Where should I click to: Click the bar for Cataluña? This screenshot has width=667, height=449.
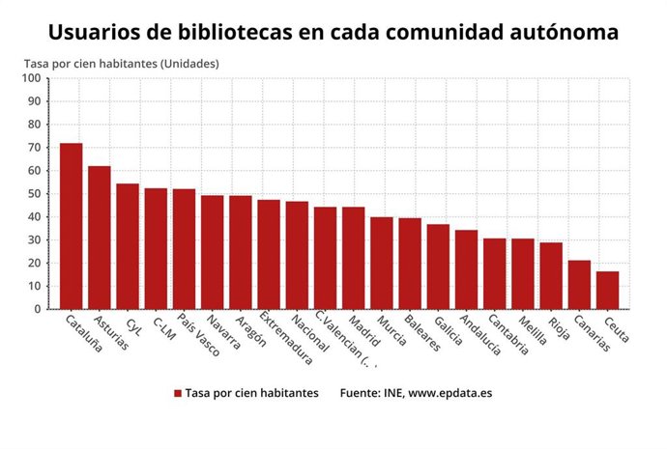point(72,226)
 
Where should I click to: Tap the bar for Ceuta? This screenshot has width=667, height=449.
point(607,290)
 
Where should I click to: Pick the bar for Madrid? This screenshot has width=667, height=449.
point(354,258)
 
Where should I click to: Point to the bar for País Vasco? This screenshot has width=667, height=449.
point(184,248)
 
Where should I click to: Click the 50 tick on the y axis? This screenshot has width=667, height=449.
point(35,194)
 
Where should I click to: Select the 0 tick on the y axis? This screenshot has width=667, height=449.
point(38,309)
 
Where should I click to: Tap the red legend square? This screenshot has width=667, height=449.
point(178,394)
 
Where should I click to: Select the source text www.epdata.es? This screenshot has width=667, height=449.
point(450,394)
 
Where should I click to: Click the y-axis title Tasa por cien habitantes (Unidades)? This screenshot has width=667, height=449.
point(122,64)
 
